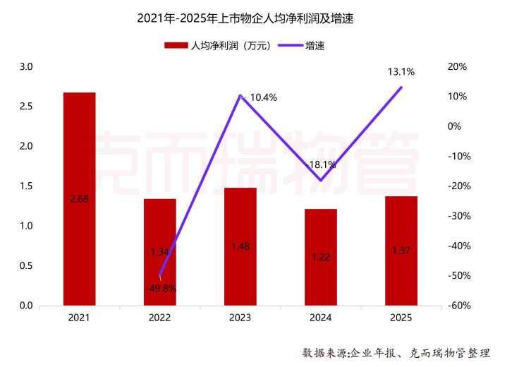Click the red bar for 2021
point(79,199)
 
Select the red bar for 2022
point(160,252)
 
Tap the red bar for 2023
point(240,246)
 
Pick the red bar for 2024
point(321,257)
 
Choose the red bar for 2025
point(401,251)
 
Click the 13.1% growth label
point(401,71)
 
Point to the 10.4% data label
point(263,97)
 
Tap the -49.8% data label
point(161,288)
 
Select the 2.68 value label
point(79,200)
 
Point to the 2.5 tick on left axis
point(26,107)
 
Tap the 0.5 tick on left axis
point(26,266)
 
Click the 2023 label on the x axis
point(240,318)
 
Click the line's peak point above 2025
point(401,88)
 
